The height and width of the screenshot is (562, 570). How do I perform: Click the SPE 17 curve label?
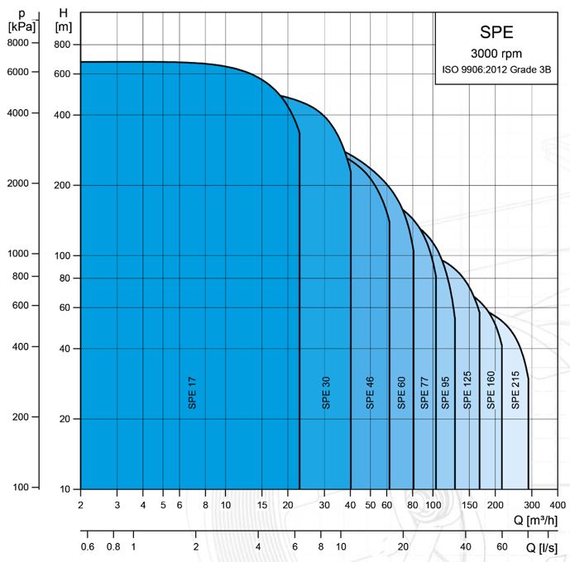pos(192,392)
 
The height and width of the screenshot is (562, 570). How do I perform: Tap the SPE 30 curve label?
pos(326,392)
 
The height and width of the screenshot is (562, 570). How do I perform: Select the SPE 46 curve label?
pos(371,392)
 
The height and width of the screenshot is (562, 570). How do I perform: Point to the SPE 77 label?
pos(424,392)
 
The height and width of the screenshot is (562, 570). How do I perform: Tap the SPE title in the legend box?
pos(496,33)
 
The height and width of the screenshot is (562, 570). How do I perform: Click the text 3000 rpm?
pos(496,54)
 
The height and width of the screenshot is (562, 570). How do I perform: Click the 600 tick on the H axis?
pos(62,74)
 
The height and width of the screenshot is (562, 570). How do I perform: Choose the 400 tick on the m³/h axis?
pos(558,504)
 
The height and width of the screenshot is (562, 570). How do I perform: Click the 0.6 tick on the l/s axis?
pos(88,546)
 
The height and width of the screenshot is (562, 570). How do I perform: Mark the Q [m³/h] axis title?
pos(540,522)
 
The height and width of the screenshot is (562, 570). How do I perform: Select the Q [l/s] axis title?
pos(547,547)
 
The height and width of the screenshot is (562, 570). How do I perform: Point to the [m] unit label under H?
pos(63,26)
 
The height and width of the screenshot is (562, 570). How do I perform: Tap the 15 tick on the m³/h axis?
pos(262,504)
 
